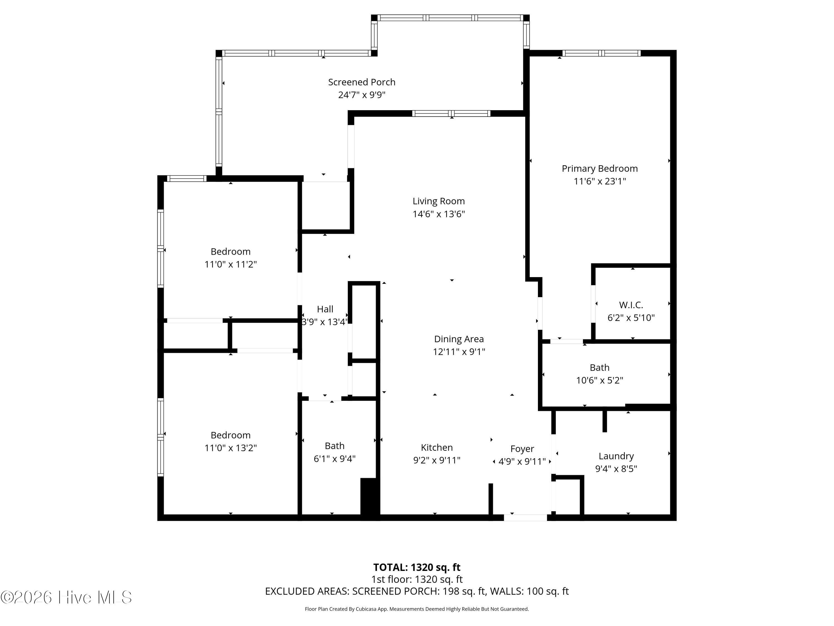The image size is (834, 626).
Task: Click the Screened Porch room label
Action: click(362, 82)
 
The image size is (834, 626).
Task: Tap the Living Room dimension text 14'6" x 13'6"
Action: click(438, 214)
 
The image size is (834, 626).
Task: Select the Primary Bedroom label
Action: click(599, 169)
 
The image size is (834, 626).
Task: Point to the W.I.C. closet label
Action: click(631, 305)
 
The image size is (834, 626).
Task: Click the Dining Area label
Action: click(459, 339)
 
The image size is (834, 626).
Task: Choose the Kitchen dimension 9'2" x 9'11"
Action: click(437, 460)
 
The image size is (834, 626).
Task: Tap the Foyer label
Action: click(522, 449)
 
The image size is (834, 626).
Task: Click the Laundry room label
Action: click(616, 456)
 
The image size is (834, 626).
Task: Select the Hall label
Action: click(325, 309)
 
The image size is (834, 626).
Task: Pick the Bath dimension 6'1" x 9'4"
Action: click(334, 459)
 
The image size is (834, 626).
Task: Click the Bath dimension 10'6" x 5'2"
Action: click(599, 380)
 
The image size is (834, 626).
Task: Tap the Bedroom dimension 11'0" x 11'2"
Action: click(230, 264)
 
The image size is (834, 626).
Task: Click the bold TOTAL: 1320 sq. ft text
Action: click(417, 567)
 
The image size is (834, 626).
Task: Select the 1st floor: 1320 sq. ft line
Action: click(417, 579)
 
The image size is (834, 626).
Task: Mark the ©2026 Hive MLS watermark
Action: click(66, 597)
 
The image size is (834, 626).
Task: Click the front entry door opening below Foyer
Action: click(526, 518)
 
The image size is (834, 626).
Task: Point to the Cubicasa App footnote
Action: click(417, 609)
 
